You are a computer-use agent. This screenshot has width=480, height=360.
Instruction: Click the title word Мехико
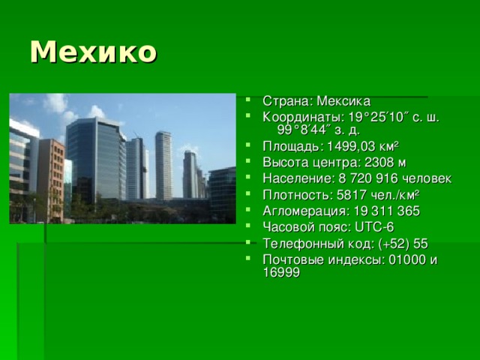coord(94,52)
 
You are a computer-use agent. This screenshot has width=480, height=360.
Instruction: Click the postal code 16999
coord(281,273)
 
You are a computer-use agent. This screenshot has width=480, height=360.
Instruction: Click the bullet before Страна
coord(250,102)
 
